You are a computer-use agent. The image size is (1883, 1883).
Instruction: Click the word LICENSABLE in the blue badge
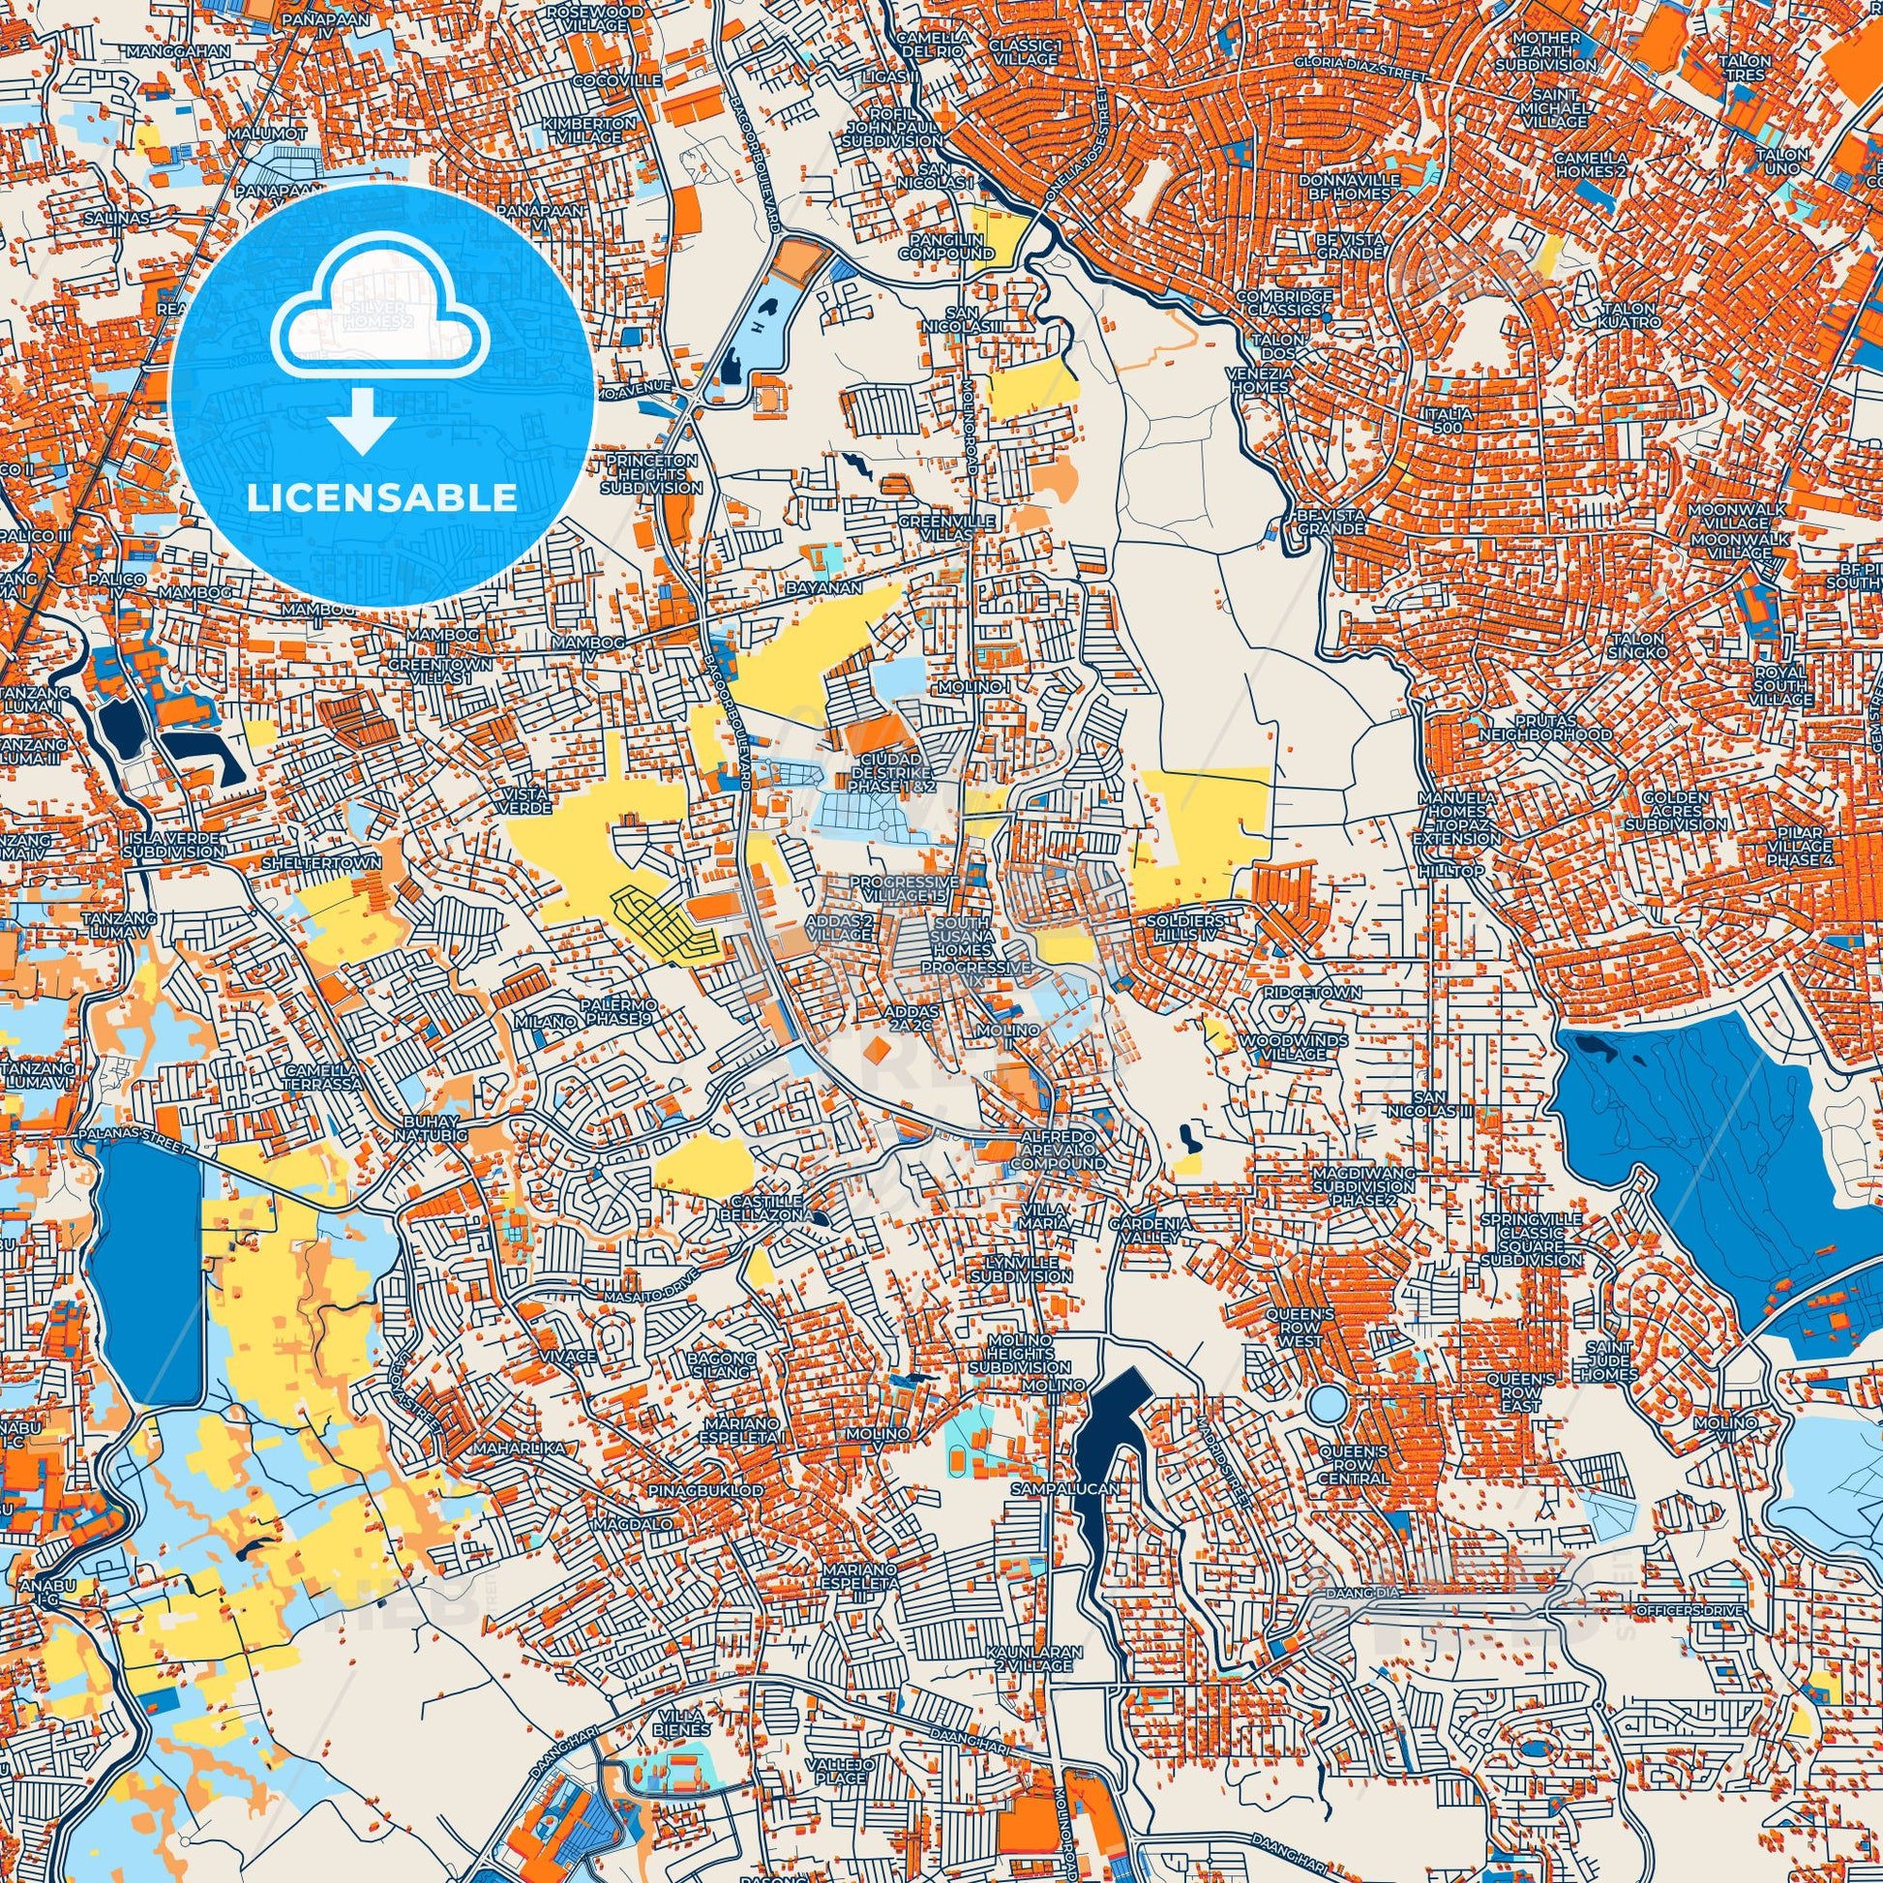click(x=381, y=498)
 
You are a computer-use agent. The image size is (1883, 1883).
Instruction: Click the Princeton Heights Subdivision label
click(x=651, y=473)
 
